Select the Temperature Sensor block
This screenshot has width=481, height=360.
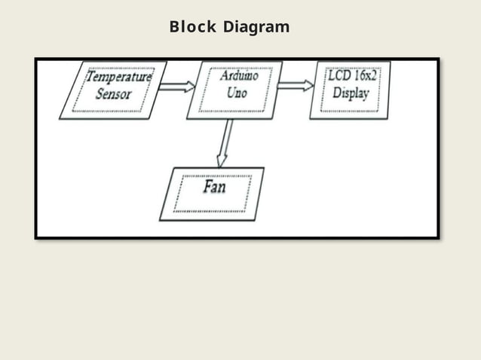(x=113, y=90)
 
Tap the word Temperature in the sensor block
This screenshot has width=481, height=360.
(x=118, y=77)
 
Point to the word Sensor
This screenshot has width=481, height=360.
(x=114, y=95)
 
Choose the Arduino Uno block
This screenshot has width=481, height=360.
(x=234, y=90)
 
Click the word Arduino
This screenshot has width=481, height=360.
(x=240, y=77)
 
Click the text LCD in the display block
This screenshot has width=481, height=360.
(x=339, y=77)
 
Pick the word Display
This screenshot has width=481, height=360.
(x=351, y=95)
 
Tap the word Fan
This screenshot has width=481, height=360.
(x=214, y=186)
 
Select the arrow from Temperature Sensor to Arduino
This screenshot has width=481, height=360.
(x=177, y=87)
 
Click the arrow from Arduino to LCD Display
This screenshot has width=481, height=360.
(x=296, y=85)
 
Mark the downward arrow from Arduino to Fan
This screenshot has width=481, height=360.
(x=224, y=143)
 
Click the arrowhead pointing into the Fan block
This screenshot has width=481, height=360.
(x=221, y=160)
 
